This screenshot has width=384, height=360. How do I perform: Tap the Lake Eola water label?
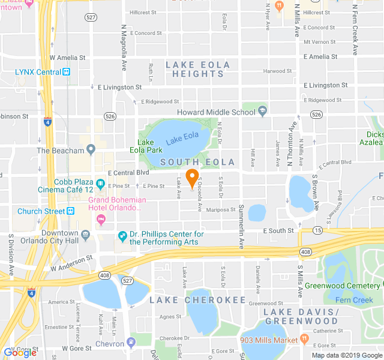182,138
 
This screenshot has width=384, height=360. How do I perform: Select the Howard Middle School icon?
263,112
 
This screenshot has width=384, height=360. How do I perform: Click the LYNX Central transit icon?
67,73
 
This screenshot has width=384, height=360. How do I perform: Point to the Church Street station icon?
70,211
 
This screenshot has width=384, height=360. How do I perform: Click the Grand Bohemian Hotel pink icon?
100,218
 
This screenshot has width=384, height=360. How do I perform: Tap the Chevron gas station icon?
131,344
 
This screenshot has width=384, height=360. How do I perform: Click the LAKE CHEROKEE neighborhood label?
197,300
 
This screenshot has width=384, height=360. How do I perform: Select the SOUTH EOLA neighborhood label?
196,162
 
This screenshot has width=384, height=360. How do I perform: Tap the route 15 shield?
316,230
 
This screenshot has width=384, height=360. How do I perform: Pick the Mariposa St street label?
221,210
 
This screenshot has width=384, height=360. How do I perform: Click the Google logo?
20,353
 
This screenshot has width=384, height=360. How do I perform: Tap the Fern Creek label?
355,300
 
